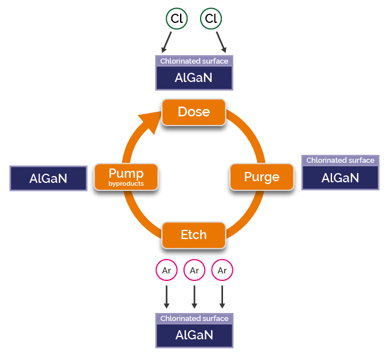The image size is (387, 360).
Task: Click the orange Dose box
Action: pos(194,112)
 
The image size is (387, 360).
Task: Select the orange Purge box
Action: pos(261,177)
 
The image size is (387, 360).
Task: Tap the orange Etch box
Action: pos(194,235)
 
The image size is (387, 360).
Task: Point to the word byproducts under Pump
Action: pos(126,184)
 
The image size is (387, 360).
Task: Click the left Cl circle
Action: pos(177,19)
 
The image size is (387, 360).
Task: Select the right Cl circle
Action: pos(211,19)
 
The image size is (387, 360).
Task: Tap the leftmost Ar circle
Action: pos(166,270)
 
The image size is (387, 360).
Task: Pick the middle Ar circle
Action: pos(194,270)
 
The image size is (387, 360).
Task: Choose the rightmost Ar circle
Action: pos(222,270)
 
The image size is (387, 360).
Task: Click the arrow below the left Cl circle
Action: pos(167,42)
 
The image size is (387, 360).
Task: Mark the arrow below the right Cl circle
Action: pos(221,42)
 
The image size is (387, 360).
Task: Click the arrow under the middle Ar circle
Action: pos(194,296)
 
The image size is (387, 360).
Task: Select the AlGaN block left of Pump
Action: pos(48,178)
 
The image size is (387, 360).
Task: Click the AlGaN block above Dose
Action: pos(194,78)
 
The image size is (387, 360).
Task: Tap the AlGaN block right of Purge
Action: pos(340,178)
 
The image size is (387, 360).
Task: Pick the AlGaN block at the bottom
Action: pos(194,335)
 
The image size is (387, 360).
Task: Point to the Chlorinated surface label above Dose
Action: pos(194,61)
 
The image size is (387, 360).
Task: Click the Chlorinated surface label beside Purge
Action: pos(340,161)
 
